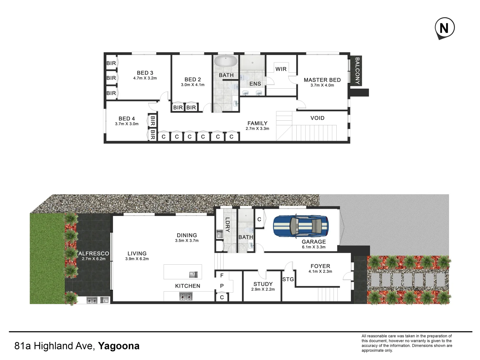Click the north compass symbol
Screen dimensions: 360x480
pyautogui.click(x=445, y=28)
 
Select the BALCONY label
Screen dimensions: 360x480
pyautogui.click(x=357, y=71)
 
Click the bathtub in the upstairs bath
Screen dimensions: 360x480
pyautogui.click(x=226, y=61)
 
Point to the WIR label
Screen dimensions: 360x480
pyautogui.click(x=281, y=69)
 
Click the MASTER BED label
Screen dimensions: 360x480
pyautogui.click(x=322, y=80)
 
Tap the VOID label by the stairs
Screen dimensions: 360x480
pyautogui.click(x=317, y=118)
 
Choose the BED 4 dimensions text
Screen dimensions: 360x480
pyautogui.click(x=127, y=124)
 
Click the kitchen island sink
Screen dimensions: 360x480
pyautogui.click(x=193, y=275)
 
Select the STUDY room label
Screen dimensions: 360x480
pyautogui.click(x=263, y=284)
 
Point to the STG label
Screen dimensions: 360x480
pyautogui.click(x=288, y=279)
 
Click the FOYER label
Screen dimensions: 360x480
pyautogui.click(x=320, y=266)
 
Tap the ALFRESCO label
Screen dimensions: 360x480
pyautogui.click(x=94, y=253)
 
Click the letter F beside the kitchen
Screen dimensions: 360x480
pyautogui.click(x=222, y=275)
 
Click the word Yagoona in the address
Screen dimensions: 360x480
pyautogui.click(x=119, y=346)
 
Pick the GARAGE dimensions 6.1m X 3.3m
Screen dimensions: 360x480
pyautogui.click(x=314, y=247)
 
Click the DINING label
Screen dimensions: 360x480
pyautogui.click(x=187, y=235)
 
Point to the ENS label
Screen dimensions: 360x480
pyautogui.click(x=255, y=84)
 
